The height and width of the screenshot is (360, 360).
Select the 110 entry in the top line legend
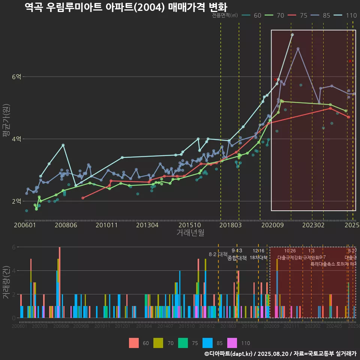pos(351,15)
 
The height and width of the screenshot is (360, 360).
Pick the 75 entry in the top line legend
pos(303,15)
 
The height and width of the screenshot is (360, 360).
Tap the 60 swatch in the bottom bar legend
pos(134,343)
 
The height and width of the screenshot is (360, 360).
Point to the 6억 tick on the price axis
pos(17,76)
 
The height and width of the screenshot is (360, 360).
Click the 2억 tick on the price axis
pos(17,201)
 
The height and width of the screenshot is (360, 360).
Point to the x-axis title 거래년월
pos(190,232)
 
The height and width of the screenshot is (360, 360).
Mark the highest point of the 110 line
pos(292,35)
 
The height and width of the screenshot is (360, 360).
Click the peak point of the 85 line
pos(298,49)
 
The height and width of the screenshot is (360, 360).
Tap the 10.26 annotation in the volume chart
pos(290,251)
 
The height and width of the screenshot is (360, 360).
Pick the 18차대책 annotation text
pos(258,258)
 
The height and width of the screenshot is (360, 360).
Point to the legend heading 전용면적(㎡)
pos(225,15)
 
